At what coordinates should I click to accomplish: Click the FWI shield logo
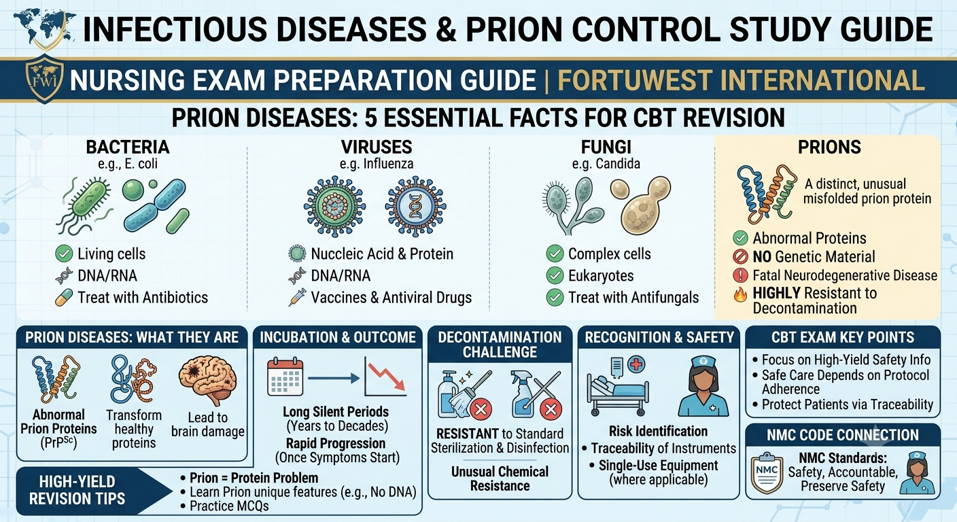pyautogui.click(x=44, y=80)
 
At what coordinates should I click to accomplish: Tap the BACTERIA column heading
pyautogui.click(x=128, y=147)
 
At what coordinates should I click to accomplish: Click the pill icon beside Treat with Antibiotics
pyautogui.click(x=64, y=298)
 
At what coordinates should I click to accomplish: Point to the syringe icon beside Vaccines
pyautogui.click(x=297, y=297)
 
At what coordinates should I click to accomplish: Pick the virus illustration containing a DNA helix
pyautogui.click(x=415, y=207)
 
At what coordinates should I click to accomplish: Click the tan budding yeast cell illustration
pyautogui.click(x=641, y=205)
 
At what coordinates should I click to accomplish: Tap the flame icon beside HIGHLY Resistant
pyautogui.click(x=740, y=294)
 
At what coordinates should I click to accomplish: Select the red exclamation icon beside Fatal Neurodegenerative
pyautogui.click(x=740, y=275)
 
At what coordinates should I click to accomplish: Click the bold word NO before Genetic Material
pyautogui.click(x=762, y=257)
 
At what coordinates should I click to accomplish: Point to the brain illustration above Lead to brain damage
pyautogui.click(x=207, y=379)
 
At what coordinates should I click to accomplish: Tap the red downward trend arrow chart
pyautogui.click(x=385, y=377)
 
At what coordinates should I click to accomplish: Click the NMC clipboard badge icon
pyautogui.click(x=767, y=472)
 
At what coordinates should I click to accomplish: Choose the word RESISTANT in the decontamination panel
pyautogui.click(x=468, y=434)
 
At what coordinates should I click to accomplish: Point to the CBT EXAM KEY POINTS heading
pyautogui.click(x=843, y=337)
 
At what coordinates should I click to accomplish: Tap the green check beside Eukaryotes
pyautogui.click(x=555, y=275)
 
